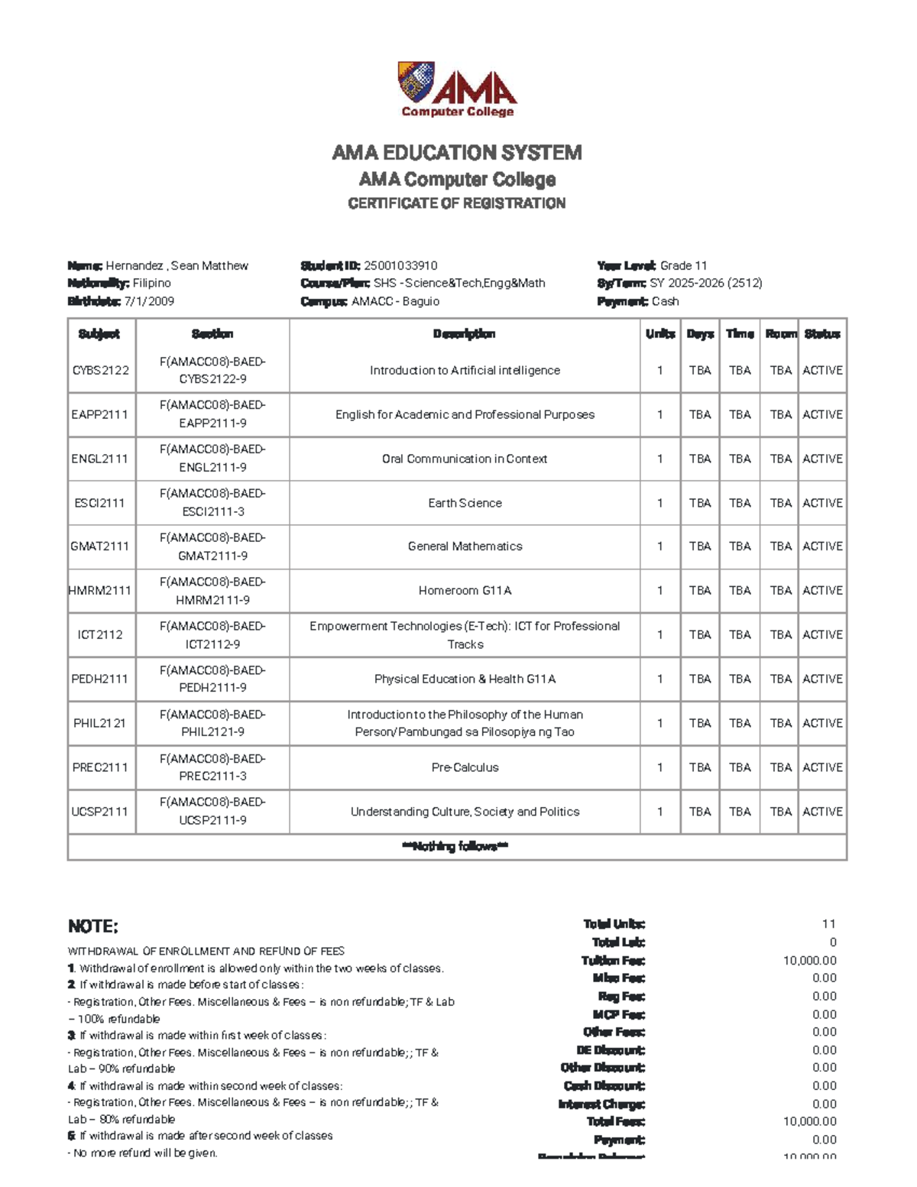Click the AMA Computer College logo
click(x=457, y=89)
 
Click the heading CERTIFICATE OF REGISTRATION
click(x=457, y=203)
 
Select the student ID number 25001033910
click(x=400, y=266)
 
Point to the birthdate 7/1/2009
click(x=149, y=301)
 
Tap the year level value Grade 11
click(x=683, y=266)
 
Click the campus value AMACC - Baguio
click(x=395, y=301)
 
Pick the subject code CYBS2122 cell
click(x=101, y=371)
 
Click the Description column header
click(x=465, y=334)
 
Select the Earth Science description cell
click(x=465, y=503)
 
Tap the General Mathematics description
click(x=465, y=546)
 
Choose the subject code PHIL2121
click(x=100, y=723)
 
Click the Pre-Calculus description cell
click(x=465, y=767)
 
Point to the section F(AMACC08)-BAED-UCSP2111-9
click(x=212, y=811)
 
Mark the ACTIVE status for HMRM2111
click(x=822, y=591)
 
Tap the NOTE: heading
click(x=93, y=927)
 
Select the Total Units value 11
click(x=828, y=924)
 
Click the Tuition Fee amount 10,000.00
click(x=809, y=961)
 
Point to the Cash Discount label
click(x=604, y=1086)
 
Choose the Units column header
click(x=659, y=334)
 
